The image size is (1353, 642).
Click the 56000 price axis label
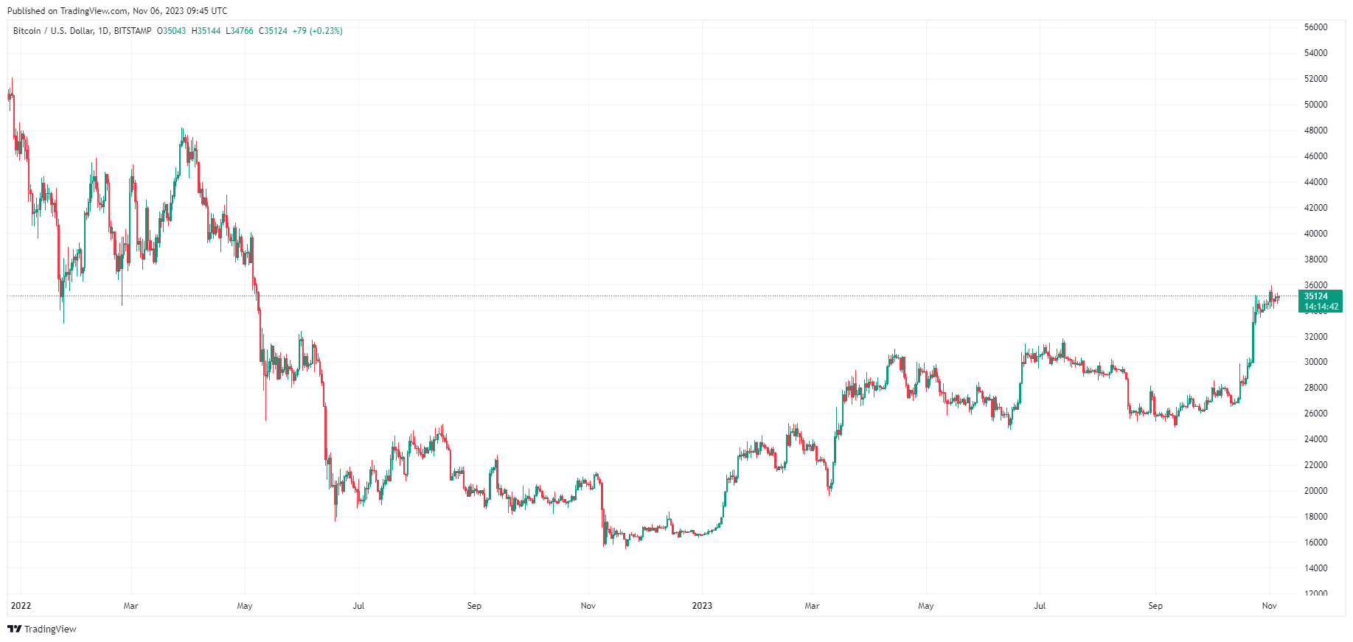1315,27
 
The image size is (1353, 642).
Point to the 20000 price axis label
1315,491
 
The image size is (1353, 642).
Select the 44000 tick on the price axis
1315,182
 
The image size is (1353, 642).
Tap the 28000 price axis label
1315,388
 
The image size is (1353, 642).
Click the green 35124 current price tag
1316,296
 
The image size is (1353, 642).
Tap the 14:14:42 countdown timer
1321,307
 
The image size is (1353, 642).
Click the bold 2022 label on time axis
21,606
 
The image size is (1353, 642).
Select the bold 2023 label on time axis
702,606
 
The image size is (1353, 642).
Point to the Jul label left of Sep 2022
358,606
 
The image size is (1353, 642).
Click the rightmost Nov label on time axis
1269,606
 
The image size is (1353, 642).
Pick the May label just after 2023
925,606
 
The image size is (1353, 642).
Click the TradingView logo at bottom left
42,629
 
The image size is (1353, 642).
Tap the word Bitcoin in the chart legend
27,31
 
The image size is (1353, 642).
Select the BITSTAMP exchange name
133,31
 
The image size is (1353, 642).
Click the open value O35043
172,31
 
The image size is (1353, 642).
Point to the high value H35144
206,31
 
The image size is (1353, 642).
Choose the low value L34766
240,31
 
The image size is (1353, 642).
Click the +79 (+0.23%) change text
317,31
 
